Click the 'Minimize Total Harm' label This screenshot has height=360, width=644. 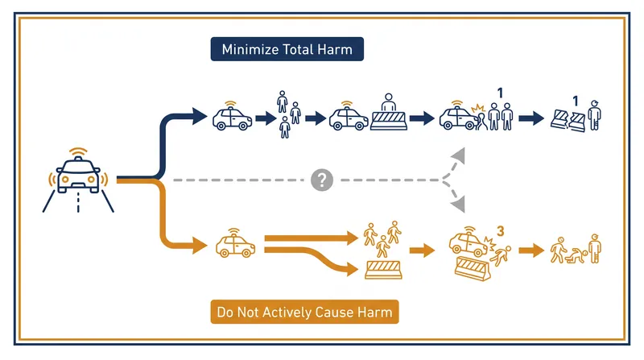coord(287,49)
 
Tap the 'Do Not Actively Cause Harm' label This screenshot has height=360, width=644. coord(305,312)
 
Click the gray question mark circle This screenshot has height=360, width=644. coord(321,180)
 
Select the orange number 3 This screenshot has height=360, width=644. coord(500,232)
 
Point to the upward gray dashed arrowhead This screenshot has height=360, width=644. coord(458,155)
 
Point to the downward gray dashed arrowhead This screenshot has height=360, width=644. coord(458,205)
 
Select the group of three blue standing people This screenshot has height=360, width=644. coord(288,114)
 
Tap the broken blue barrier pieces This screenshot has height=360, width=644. coord(568,121)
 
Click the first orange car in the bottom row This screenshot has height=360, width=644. coord(235,246)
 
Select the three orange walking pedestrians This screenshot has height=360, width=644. coord(382,238)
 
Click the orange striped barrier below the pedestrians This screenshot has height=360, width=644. coord(383,270)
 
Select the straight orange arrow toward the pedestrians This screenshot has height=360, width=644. coord(311,238)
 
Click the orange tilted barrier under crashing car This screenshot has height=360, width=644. coord(473,268)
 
